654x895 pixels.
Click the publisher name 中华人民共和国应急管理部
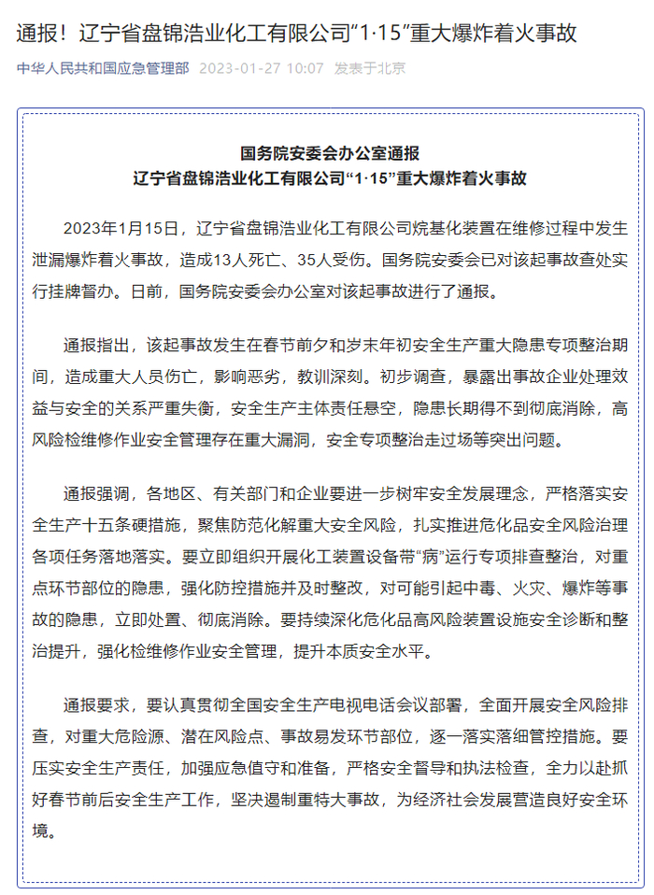click(x=103, y=69)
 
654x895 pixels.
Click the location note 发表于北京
click(x=370, y=69)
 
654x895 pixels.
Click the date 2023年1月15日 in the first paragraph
click(x=120, y=227)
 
